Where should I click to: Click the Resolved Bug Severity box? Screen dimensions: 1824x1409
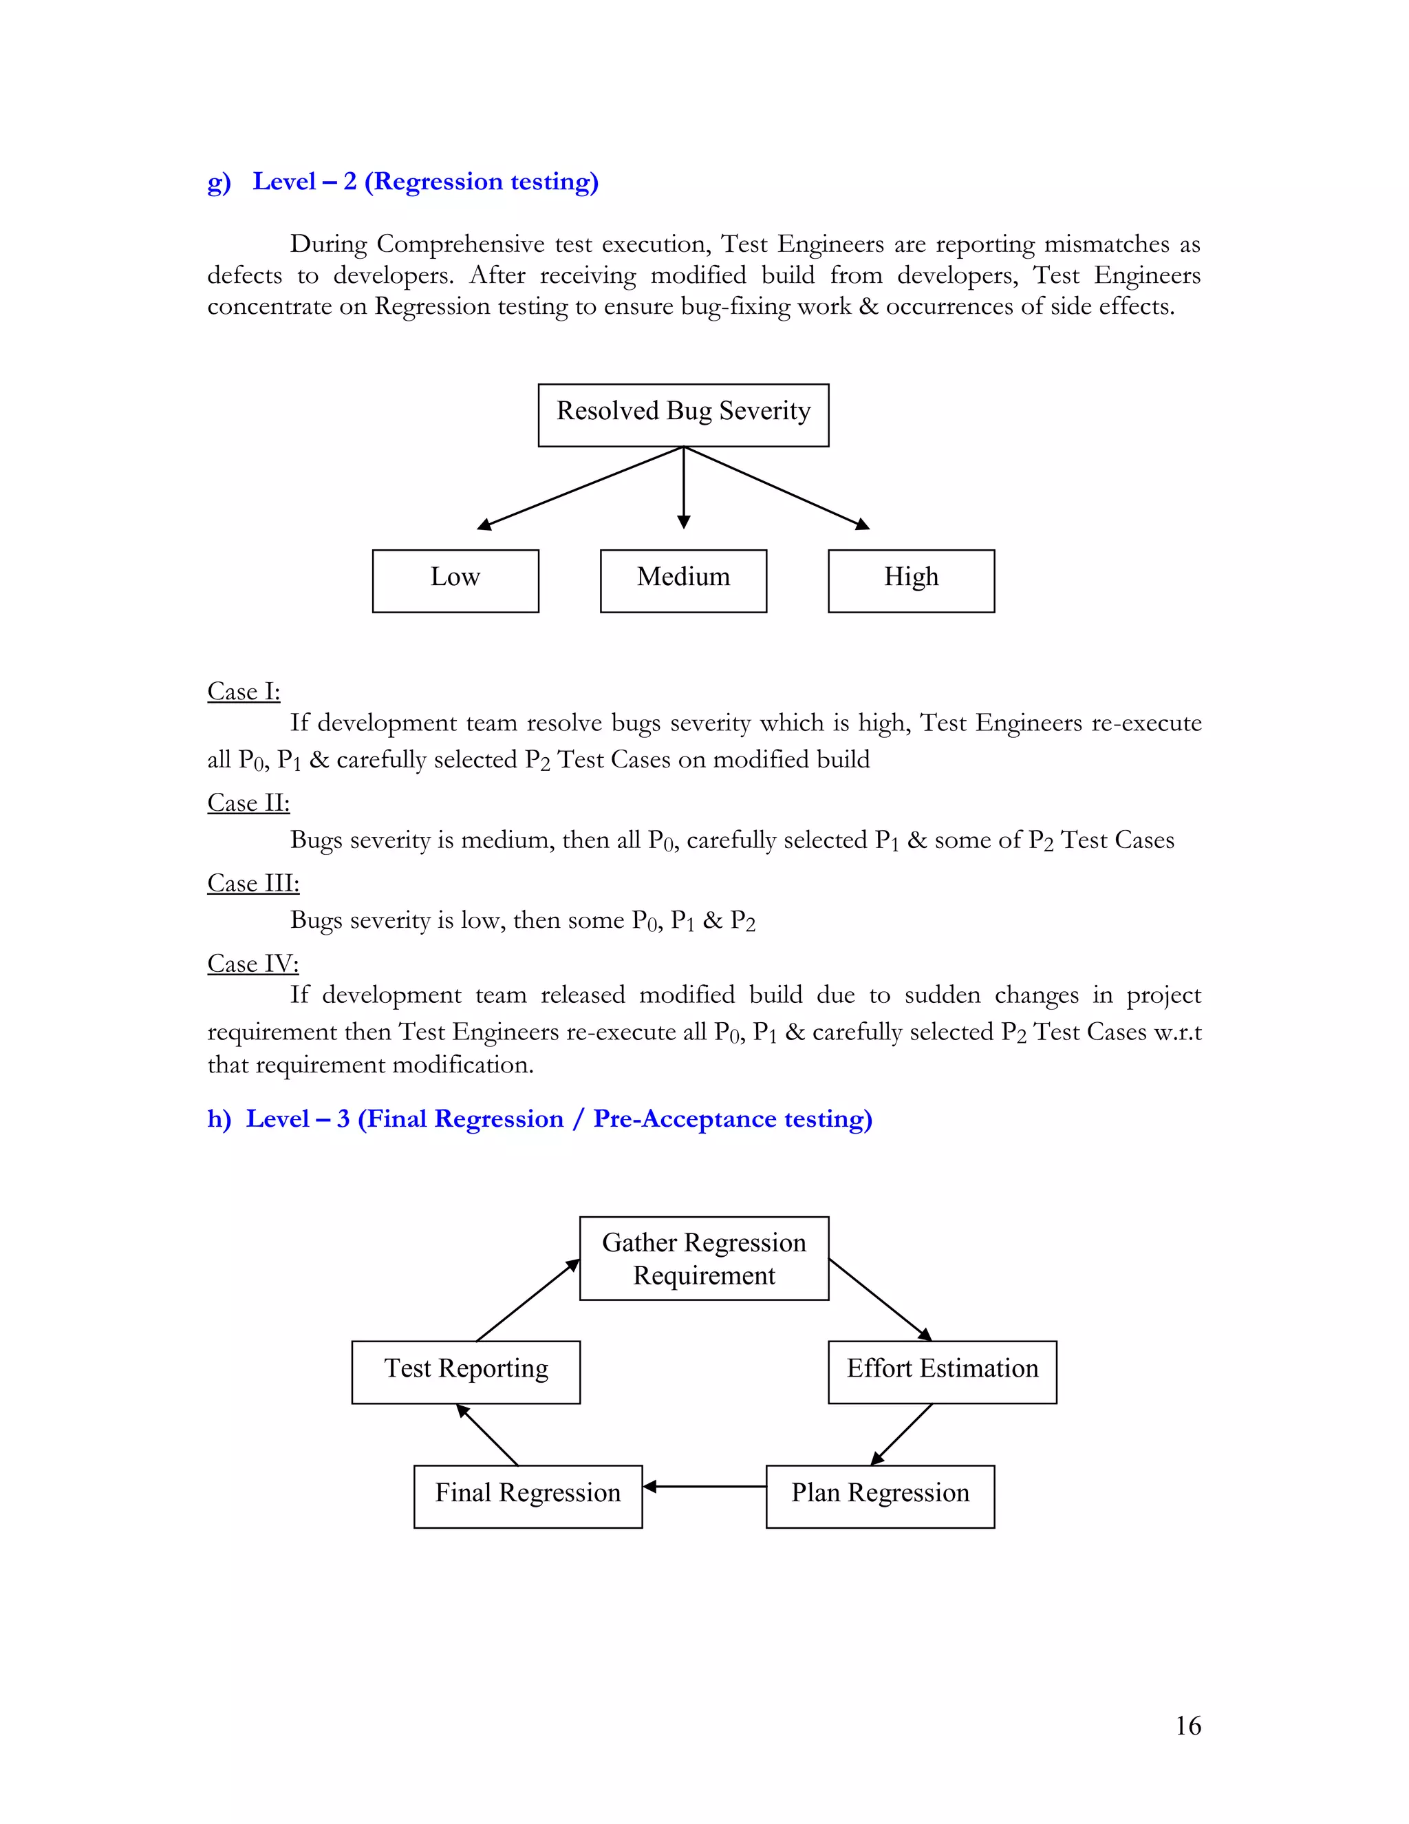pyautogui.click(x=682, y=415)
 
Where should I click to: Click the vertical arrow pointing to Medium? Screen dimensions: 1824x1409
pyautogui.click(x=684, y=489)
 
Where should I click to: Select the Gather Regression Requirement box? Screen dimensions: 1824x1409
pyautogui.click(x=704, y=1259)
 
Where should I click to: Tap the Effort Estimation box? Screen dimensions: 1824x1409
pyautogui.click(x=942, y=1372)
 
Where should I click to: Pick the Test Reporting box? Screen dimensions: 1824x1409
pyautogui.click(x=466, y=1372)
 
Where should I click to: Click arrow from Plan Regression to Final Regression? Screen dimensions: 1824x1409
pyautogui.click(x=704, y=1487)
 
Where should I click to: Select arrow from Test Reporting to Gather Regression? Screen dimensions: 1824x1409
pyautogui.click(x=528, y=1300)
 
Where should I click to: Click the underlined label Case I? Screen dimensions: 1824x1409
pyautogui.click(x=244, y=692)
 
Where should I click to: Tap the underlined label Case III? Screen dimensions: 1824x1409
pyautogui.click(x=253, y=884)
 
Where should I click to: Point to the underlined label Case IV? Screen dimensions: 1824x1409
pyautogui.click(x=253, y=964)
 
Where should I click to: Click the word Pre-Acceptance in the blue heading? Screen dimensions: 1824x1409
pyautogui.click(x=685, y=1118)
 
